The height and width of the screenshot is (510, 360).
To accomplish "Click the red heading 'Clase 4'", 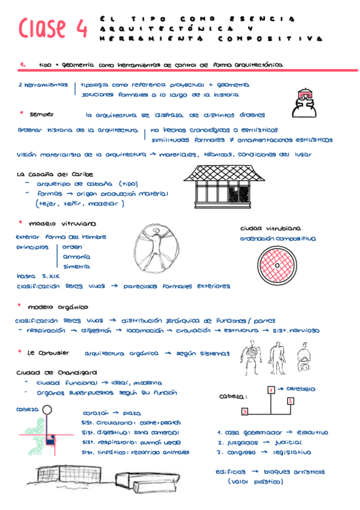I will click(53, 28).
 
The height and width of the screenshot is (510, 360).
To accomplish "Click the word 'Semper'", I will click(41, 114).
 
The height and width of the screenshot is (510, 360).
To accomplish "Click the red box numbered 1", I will click(271, 390).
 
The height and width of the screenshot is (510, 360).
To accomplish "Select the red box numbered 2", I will click(290, 401).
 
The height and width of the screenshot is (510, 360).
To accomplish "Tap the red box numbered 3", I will click(245, 412).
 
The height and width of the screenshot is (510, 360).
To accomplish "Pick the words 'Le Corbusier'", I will click(49, 352).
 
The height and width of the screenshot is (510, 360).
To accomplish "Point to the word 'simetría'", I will click(76, 266).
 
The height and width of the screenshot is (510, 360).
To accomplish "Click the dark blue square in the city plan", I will click(52, 438).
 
